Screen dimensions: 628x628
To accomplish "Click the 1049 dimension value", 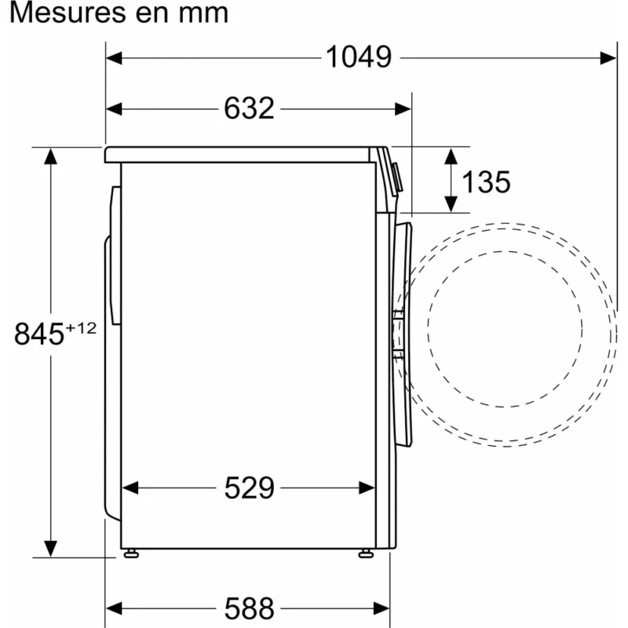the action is coord(359,57).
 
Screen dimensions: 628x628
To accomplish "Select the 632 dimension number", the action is coord(249,108).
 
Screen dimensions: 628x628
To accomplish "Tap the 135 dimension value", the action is coord(486,182).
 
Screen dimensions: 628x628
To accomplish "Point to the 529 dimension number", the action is coord(249,487).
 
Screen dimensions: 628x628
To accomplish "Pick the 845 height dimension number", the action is coord(39,334).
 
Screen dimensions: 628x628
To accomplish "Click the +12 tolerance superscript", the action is coord(81,328).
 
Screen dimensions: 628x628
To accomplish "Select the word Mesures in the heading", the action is coord(68,13).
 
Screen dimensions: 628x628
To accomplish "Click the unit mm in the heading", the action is coord(203,15).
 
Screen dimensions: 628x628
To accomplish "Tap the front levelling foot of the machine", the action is coord(366,554).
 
